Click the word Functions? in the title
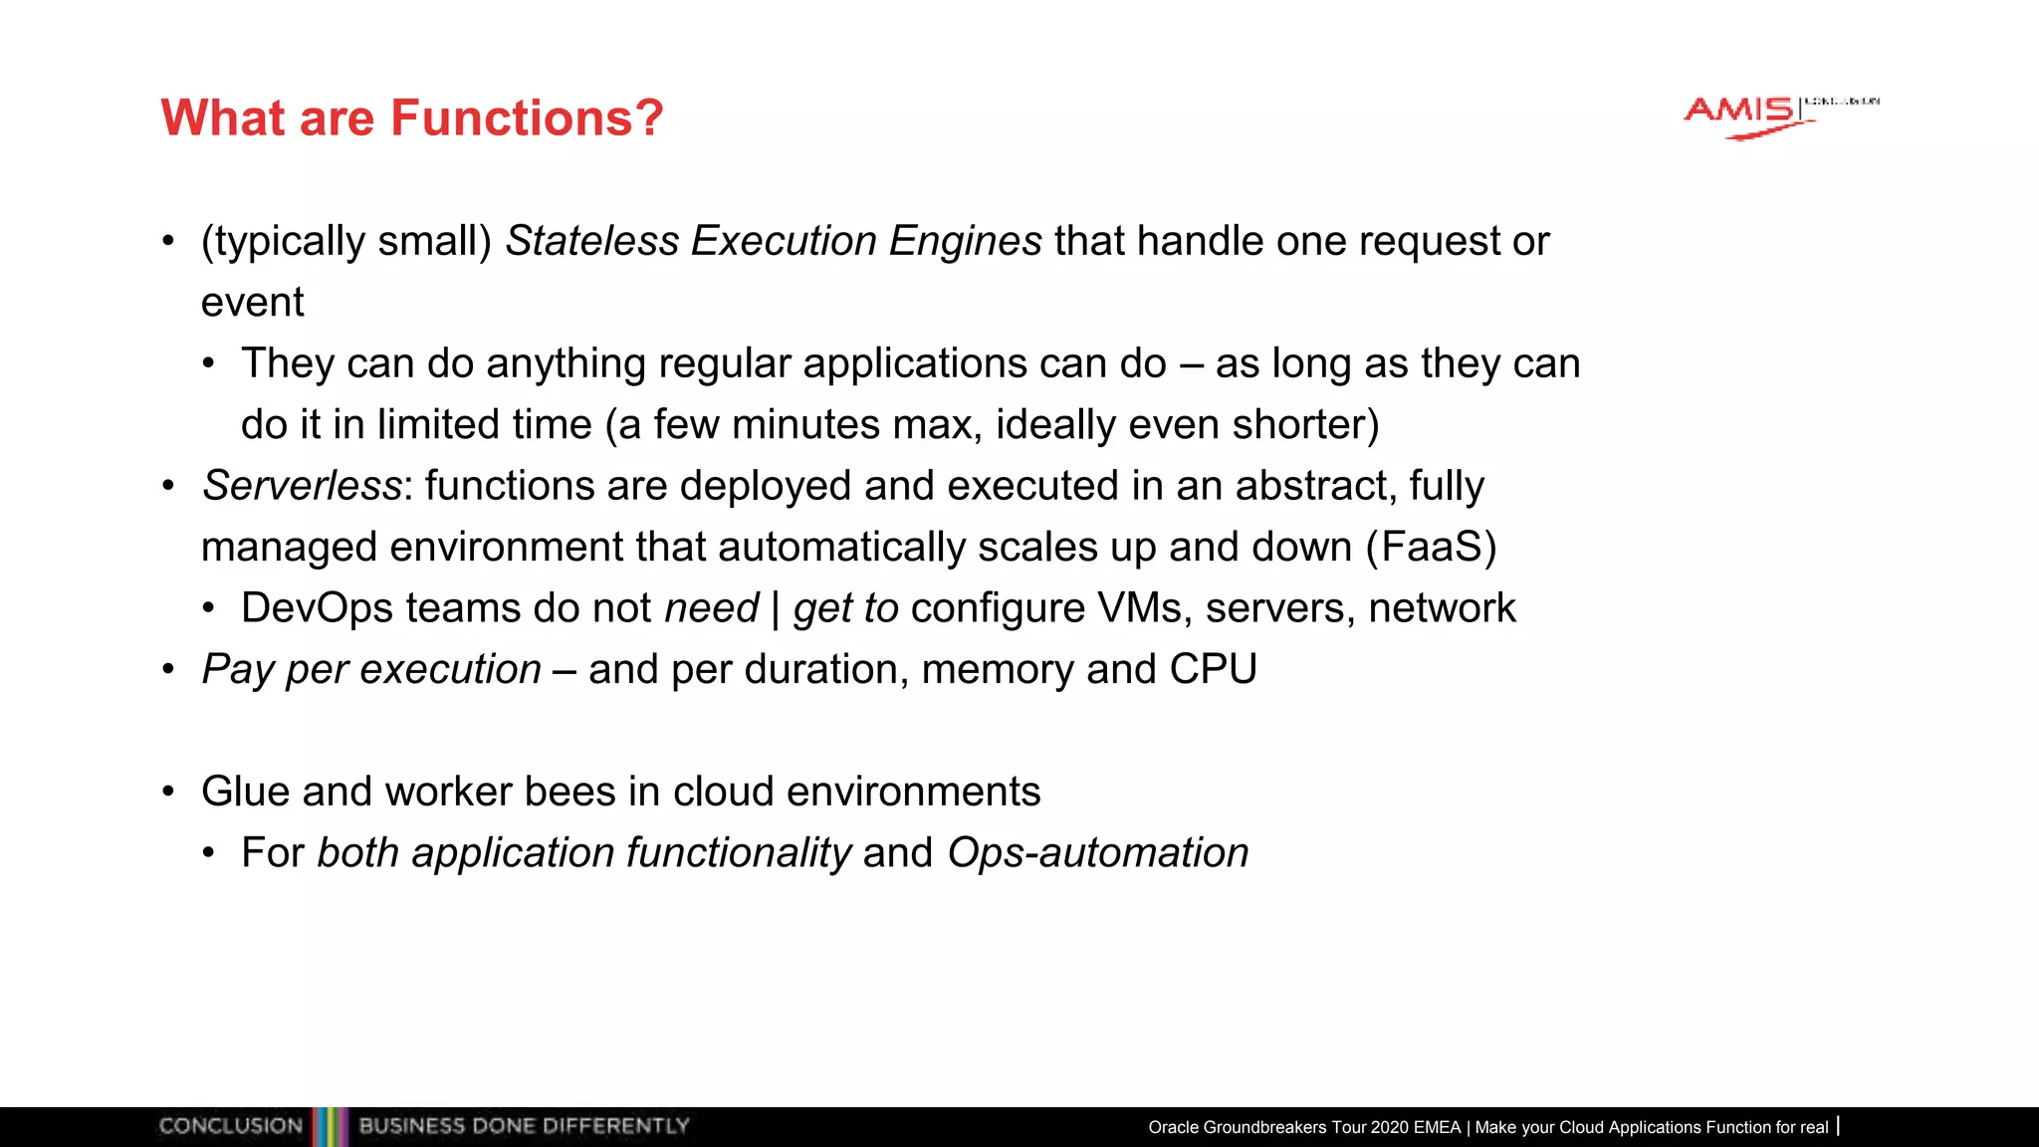pos(527,118)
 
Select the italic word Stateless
pos(592,241)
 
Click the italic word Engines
pos(965,241)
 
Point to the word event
pos(252,302)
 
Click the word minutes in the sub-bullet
pos(805,425)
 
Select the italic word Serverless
pos(302,486)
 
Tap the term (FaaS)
pos(1431,548)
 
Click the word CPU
pos(1213,669)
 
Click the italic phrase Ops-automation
pos(1097,853)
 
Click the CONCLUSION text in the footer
pos(231,1126)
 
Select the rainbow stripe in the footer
pos(330,1126)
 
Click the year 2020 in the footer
pos(1390,1127)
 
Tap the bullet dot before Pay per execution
pos(168,670)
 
